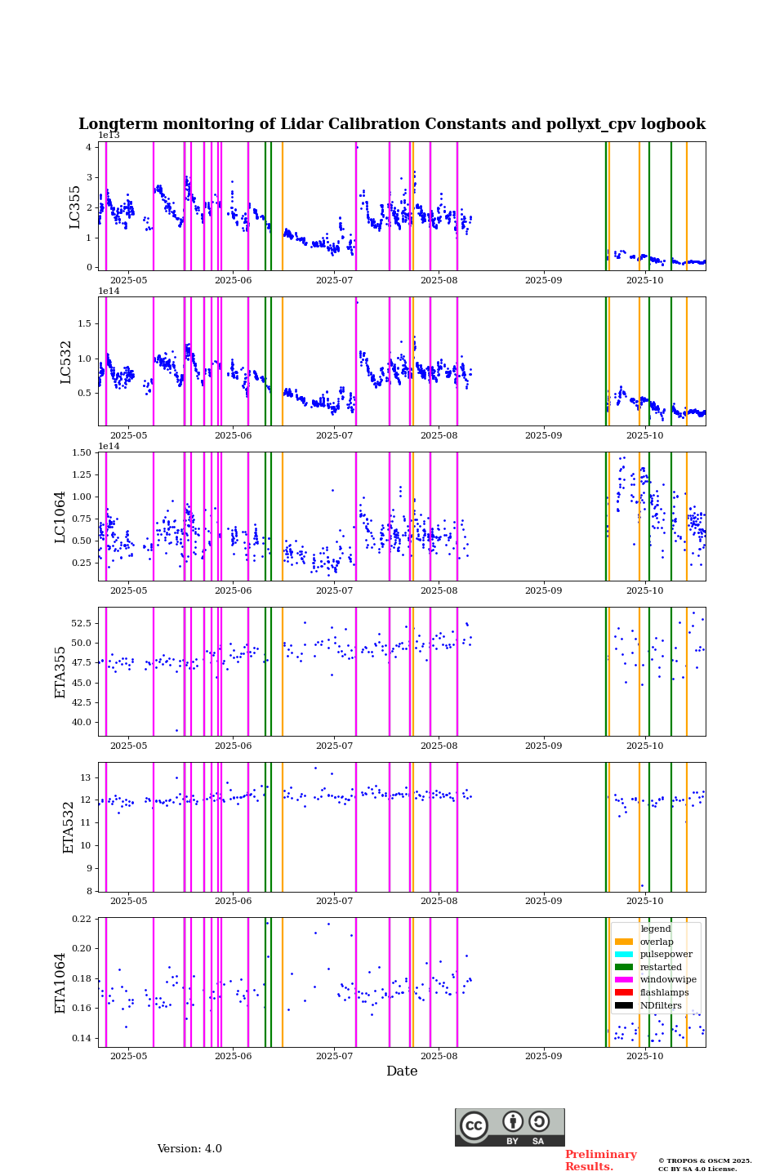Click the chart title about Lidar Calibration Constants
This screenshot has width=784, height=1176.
tap(392, 124)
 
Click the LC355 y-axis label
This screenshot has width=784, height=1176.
tap(75, 207)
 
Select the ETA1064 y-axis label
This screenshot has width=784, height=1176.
tap(60, 982)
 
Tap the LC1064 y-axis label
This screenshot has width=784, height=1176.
tap(60, 517)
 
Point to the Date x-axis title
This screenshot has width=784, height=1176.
tap(402, 1071)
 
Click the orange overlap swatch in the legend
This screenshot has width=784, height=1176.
tap(624, 942)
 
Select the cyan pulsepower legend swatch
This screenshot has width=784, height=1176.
tap(624, 955)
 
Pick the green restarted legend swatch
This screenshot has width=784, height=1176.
tap(624, 967)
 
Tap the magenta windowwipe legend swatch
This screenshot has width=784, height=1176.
tap(624, 980)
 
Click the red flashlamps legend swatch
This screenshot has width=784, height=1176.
tap(624, 993)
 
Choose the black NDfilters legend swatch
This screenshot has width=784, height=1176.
tap(624, 1005)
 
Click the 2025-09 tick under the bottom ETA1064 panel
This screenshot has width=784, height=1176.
tap(543, 1058)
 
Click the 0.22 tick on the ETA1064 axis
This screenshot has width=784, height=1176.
tap(82, 919)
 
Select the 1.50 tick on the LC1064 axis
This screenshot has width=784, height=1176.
tap(82, 452)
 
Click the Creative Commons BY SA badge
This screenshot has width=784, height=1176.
tap(510, 1127)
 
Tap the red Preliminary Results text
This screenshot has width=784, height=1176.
tap(600, 1160)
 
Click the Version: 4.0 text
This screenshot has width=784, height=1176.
tap(189, 1149)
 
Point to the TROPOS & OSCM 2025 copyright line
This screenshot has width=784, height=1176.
tap(705, 1160)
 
